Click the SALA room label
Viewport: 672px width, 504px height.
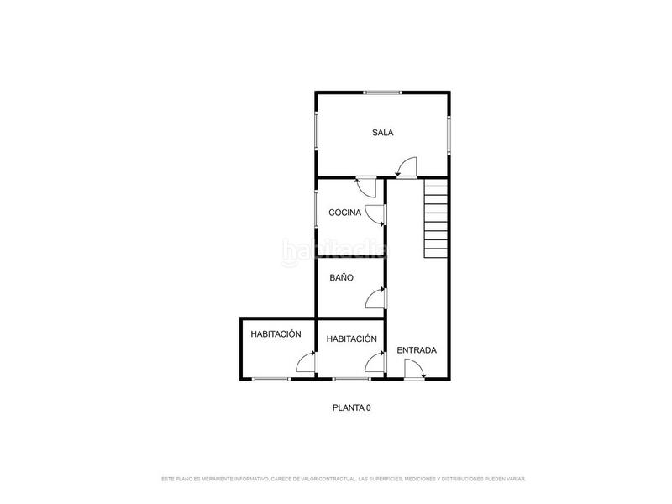click(x=383, y=133)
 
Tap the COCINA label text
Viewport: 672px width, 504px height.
click(x=344, y=213)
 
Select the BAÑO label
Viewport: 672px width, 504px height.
click(x=340, y=276)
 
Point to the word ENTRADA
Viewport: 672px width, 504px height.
click(x=417, y=350)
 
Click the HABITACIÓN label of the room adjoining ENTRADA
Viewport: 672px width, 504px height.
click(x=351, y=339)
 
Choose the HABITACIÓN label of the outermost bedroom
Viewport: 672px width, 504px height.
click(x=276, y=333)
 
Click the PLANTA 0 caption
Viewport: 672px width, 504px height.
click(x=351, y=407)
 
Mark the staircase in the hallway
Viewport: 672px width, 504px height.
click(x=437, y=221)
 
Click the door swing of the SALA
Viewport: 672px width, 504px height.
click(x=407, y=168)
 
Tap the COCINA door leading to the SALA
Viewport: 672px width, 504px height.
click(x=367, y=186)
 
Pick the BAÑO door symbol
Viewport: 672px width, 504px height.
click(x=376, y=297)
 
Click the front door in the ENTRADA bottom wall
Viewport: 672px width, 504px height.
click(x=413, y=370)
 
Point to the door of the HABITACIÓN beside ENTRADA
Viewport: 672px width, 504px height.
click(x=376, y=361)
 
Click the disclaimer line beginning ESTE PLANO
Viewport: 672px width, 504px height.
click(x=343, y=479)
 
